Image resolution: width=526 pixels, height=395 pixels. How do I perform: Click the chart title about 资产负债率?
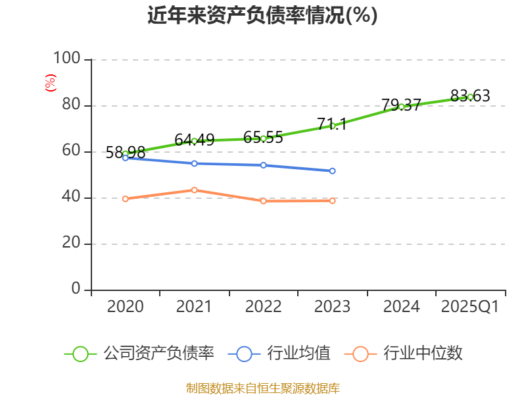pos(262,16)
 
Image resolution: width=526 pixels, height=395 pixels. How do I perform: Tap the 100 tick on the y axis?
pos(66,59)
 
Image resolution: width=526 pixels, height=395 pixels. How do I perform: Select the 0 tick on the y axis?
pos(76,290)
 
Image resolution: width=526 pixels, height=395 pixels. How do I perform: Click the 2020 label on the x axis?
pos(125,307)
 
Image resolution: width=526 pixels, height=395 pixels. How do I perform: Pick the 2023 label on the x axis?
pos(332,307)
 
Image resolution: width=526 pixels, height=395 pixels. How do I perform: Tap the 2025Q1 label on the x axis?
pos(470,307)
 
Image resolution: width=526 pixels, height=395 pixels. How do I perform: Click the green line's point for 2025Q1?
pos(470,97)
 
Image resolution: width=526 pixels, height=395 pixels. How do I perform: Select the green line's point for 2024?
pos(401,107)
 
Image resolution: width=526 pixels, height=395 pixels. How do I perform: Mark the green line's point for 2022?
pos(263,138)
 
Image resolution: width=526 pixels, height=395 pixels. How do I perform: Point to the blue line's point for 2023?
pos(332,171)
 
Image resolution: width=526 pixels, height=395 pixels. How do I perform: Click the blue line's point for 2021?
pos(194,163)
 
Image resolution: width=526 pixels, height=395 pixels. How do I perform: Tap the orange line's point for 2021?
pos(194,190)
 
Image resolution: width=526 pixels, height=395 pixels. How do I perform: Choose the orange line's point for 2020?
pos(125,199)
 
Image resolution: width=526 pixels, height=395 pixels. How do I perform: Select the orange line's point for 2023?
pos(332,201)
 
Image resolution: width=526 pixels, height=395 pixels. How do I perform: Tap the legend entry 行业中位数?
pos(404,354)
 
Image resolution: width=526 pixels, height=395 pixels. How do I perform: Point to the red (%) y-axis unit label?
pos(50,83)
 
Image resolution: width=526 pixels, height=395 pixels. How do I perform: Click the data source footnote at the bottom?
pos(262,387)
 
